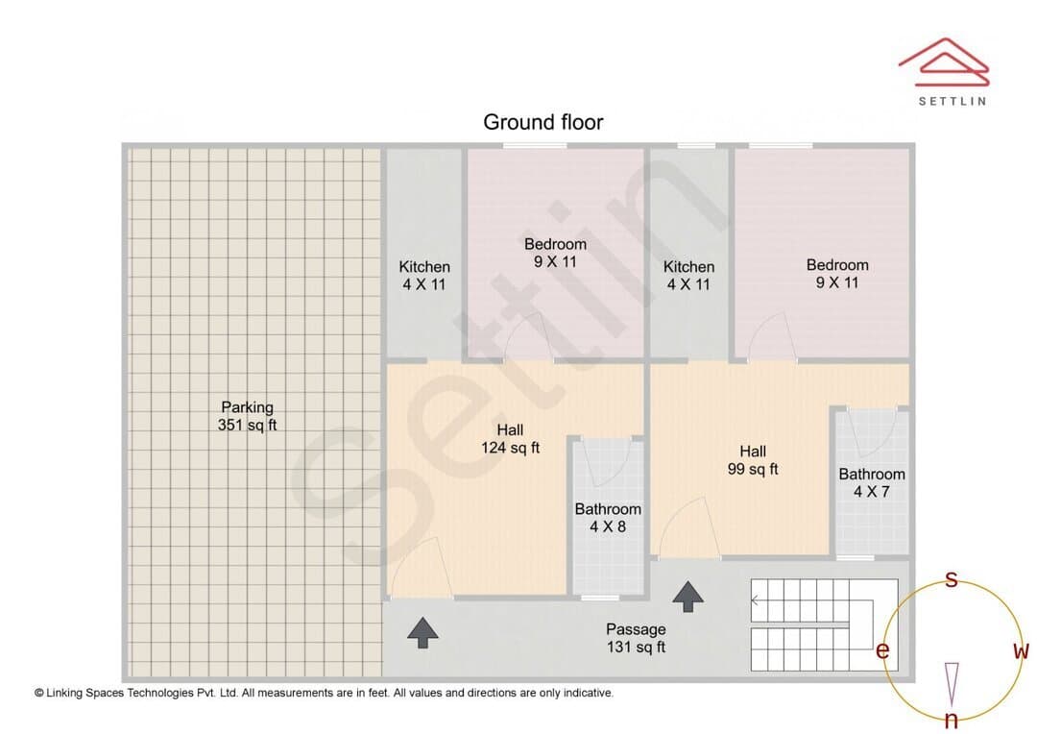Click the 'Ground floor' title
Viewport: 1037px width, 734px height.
pyautogui.click(x=543, y=122)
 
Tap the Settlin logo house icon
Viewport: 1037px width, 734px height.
pyautogui.click(x=944, y=62)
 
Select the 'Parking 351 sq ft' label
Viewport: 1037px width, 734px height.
pyautogui.click(x=248, y=416)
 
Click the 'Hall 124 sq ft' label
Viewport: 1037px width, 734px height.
pyautogui.click(x=510, y=439)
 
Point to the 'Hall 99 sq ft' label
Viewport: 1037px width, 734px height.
pyautogui.click(x=753, y=460)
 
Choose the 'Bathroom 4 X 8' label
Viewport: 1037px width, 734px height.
pyautogui.click(x=608, y=518)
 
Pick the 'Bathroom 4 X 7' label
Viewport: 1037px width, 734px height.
pyautogui.click(x=872, y=482)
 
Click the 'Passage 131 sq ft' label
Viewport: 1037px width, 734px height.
pyautogui.click(x=637, y=638)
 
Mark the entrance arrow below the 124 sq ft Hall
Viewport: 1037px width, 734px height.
pyautogui.click(x=422, y=633)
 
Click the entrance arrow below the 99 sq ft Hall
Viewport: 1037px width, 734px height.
pyautogui.click(x=687, y=597)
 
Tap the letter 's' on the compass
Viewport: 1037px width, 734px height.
pyautogui.click(x=951, y=579)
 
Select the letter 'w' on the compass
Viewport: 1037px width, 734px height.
pyautogui.click(x=1021, y=650)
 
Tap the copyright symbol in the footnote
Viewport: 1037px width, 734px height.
pyautogui.click(x=39, y=693)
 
